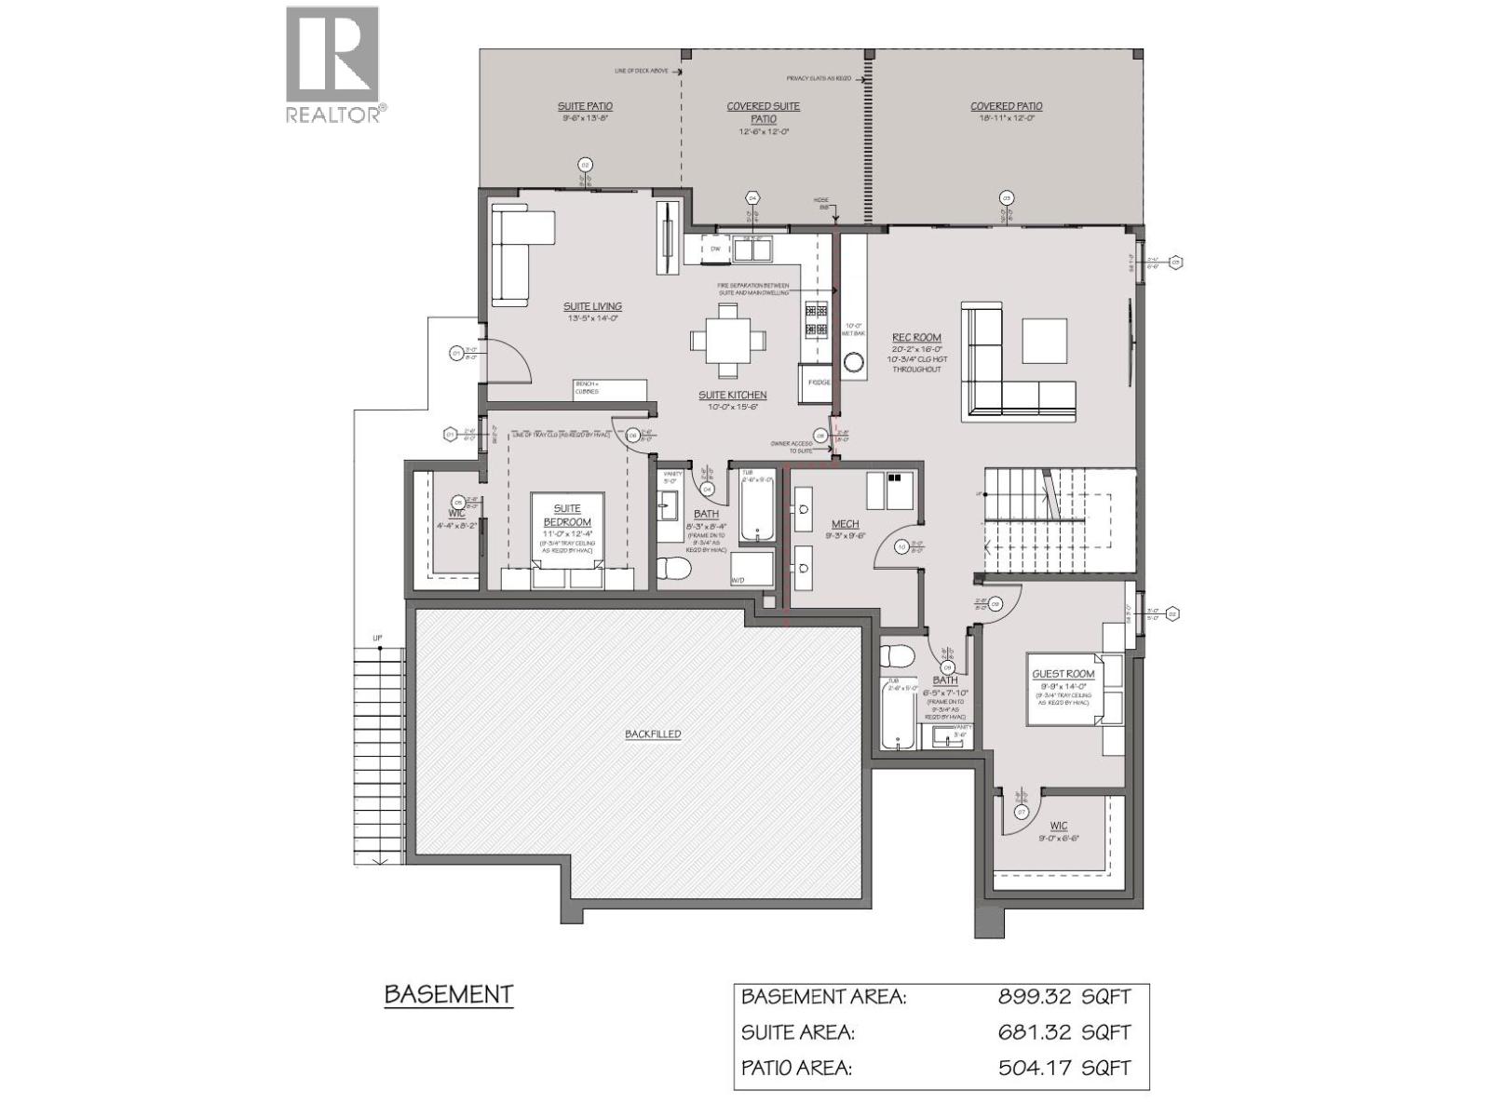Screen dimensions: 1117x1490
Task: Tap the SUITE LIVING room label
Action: (592, 306)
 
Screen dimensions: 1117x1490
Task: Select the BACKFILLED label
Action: (653, 734)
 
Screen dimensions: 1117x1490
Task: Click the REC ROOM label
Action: (916, 338)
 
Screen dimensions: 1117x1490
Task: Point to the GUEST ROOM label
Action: (1063, 674)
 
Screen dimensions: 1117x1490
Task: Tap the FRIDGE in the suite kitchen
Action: (816, 383)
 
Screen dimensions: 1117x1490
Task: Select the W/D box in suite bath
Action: (751, 569)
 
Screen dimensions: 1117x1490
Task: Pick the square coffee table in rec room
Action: (1044, 341)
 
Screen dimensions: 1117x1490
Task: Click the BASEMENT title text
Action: (449, 994)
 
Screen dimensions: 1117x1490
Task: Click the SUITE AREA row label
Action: (797, 1032)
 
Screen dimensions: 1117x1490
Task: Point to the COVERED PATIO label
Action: (1006, 107)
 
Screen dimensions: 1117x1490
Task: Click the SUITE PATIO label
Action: (585, 107)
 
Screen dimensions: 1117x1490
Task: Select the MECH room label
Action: (845, 524)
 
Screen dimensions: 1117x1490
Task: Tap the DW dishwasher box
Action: (715, 249)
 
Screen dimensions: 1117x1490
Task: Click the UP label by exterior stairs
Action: (377, 639)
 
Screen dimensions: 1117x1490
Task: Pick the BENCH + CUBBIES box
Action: (609, 388)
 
